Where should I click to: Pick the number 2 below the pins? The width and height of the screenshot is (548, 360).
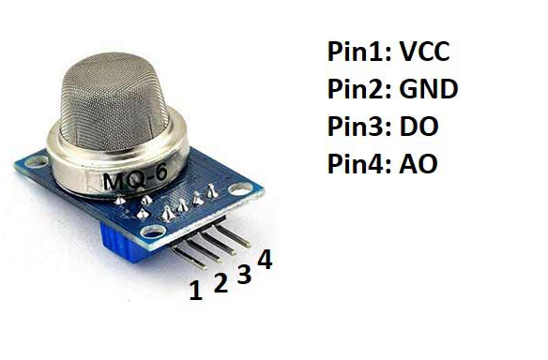[221, 282]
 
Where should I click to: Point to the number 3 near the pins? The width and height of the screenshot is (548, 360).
[244, 274]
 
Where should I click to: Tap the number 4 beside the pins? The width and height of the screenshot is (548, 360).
[265, 260]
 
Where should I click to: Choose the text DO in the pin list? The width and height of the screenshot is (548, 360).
[419, 127]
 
